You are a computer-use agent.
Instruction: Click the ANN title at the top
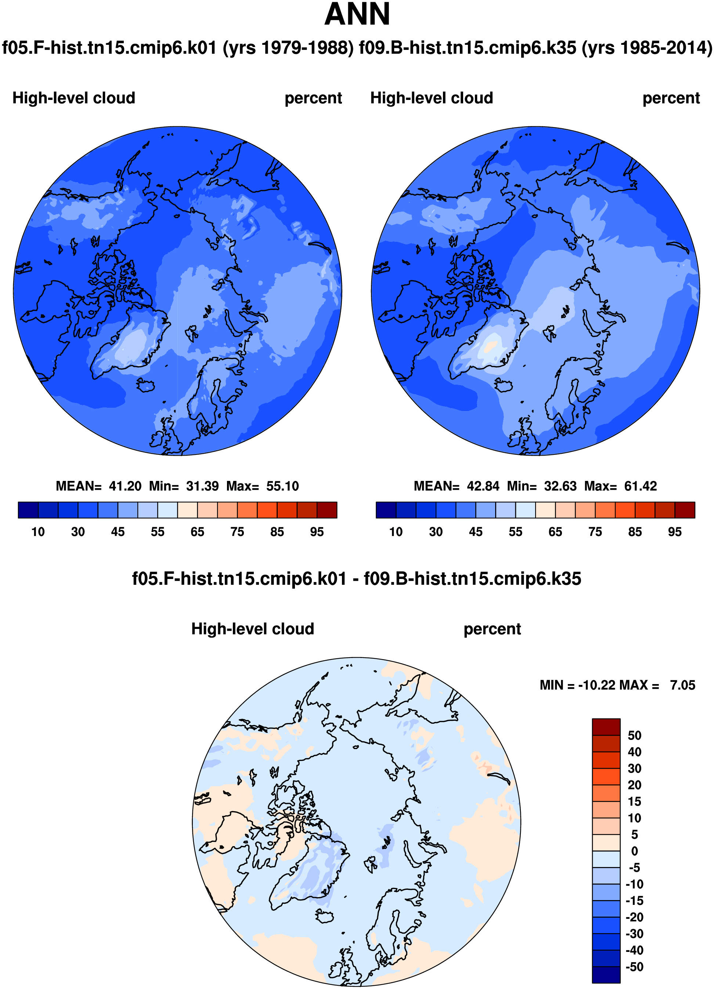(357, 14)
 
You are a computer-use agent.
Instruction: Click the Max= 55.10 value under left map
(262, 486)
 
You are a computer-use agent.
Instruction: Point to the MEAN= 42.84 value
(457, 486)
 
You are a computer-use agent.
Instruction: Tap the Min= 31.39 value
(184, 486)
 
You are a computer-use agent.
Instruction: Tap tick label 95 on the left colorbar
(317, 532)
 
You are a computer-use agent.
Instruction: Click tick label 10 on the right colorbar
(396, 532)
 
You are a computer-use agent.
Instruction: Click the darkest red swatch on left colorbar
(327, 510)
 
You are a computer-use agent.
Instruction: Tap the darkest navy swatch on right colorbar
(386, 510)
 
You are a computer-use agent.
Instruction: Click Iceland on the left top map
(145, 385)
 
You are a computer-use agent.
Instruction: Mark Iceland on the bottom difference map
(324, 916)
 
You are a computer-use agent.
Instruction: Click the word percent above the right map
(671, 98)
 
